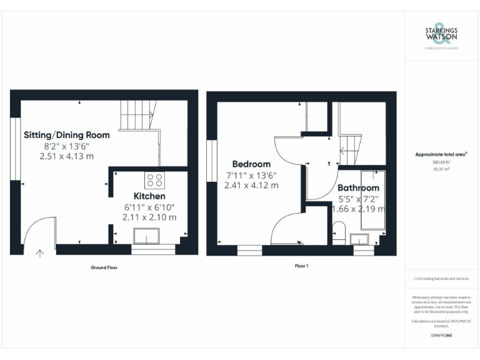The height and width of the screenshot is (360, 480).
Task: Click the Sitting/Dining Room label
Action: [67, 135]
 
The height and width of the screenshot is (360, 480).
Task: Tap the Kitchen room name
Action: [149, 196]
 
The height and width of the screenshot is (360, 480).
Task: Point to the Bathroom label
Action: [358, 188]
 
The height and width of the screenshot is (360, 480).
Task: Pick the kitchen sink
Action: [147, 236]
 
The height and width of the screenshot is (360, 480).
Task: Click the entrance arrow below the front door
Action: [41, 254]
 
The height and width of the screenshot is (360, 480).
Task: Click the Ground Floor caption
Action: [104, 267]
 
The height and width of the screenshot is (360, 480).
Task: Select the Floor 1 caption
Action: [302, 266]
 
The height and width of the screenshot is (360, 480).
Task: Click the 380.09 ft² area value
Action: [441, 162]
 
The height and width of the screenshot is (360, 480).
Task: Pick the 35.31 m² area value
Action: [441, 168]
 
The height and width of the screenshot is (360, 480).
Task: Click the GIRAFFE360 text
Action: [441, 336]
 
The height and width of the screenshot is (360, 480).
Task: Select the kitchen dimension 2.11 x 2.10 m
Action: [149, 217]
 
